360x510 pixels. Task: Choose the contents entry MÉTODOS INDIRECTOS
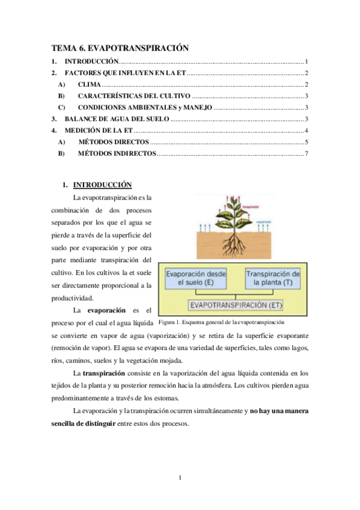coord(117,154)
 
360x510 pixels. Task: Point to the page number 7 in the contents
coord(307,154)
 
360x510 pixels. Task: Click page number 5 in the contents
coord(307,142)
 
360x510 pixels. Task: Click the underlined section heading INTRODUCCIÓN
coord(102,185)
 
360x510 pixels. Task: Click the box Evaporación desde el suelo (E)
coord(196,278)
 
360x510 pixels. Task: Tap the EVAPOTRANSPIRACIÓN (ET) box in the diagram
coord(236,305)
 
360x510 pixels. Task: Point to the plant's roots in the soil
coord(231,244)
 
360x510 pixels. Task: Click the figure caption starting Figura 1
coord(221,322)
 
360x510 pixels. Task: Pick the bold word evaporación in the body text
coord(106,310)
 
